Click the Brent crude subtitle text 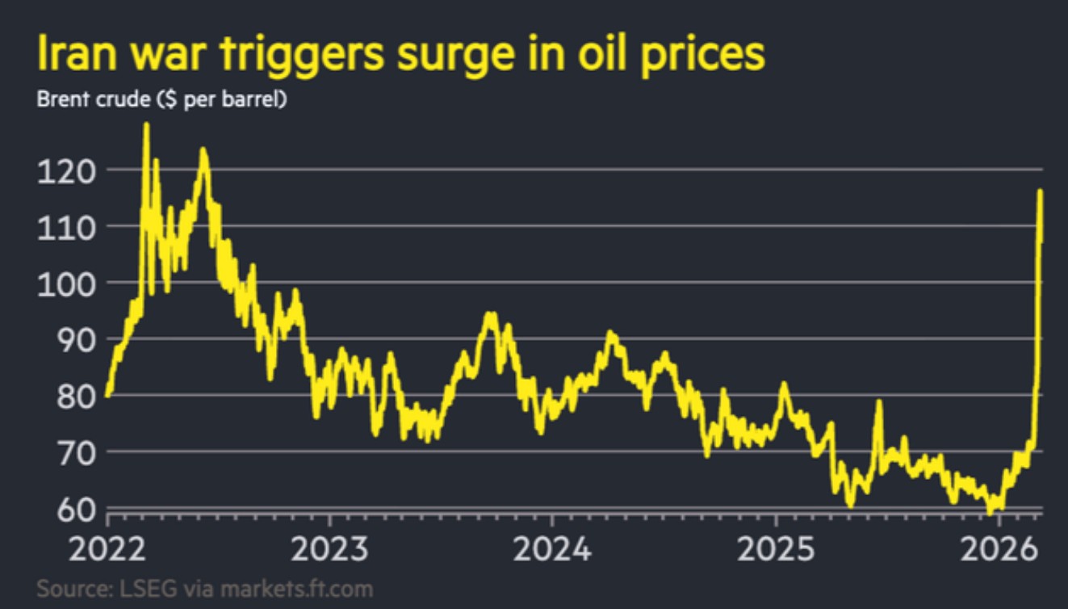tap(161, 101)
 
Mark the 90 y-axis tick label tap(73, 339)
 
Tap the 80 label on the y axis tap(73, 395)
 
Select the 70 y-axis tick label tap(73, 451)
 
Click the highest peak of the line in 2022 tap(146, 124)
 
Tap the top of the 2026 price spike tap(1040, 191)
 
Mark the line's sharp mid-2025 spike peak tap(878, 401)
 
